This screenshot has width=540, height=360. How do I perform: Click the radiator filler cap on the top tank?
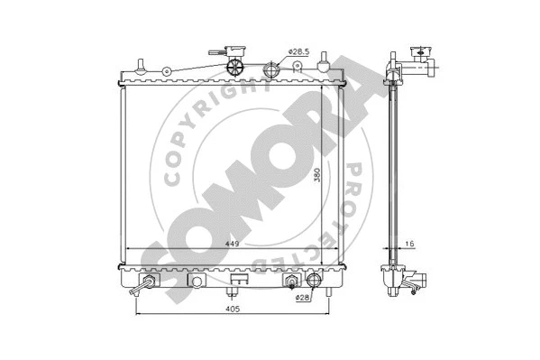(x=236, y=67)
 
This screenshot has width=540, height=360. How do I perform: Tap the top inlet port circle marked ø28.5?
(x=272, y=69)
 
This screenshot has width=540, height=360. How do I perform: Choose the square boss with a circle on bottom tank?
(x=196, y=282)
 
